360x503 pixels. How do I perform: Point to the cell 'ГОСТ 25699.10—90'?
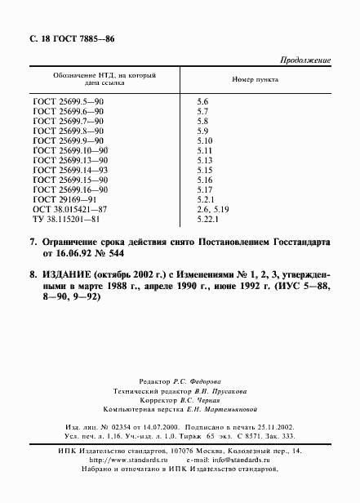point(70,150)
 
